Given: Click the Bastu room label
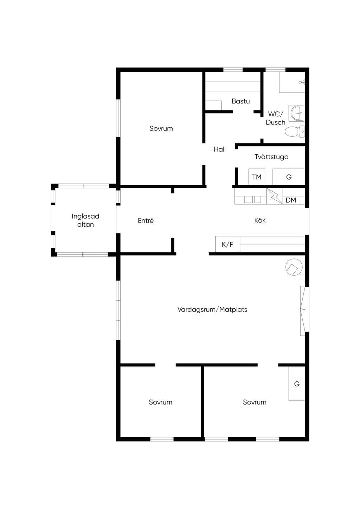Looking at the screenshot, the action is point(241,101).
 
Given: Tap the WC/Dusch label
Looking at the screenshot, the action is point(276,118).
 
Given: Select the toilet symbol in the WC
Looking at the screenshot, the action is point(295,131).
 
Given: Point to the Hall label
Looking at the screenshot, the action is point(220,149).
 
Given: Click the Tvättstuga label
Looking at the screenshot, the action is point(272,157).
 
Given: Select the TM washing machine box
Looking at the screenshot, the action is point(257,177).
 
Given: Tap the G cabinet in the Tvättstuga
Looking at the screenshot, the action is point(289,177).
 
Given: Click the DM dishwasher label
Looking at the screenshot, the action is point(291,200).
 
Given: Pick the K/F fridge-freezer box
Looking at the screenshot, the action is point(227,244).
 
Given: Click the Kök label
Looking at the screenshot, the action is point(260,220).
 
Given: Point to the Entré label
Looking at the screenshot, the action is point(146,220).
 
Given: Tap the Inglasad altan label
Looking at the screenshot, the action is point(85,220).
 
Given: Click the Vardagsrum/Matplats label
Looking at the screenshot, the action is point(212,309).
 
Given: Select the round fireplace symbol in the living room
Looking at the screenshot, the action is point(294,267).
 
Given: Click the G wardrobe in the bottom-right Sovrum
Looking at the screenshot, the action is point(297,384).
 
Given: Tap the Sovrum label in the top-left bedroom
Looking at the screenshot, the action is point(161,128).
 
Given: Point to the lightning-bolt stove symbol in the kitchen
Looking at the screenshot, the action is point(275,196).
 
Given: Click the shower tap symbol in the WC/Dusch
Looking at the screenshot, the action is point(302,82).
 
